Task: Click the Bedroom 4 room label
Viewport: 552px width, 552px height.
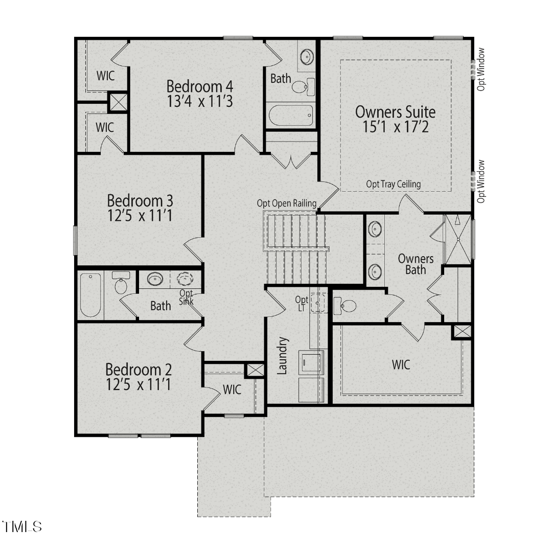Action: pyautogui.click(x=200, y=86)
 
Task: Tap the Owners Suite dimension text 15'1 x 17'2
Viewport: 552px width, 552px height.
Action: pyautogui.click(x=396, y=127)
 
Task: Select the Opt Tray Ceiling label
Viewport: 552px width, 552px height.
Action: pyautogui.click(x=393, y=184)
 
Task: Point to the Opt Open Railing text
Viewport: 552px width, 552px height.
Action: pyautogui.click(x=287, y=203)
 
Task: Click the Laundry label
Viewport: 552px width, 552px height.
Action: pyautogui.click(x=283, y=355)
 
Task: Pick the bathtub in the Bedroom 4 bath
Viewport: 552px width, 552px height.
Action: pyautogui.click(x=291, y=115)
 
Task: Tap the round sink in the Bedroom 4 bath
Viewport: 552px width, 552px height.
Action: pyautogui.click(x=307, y=57)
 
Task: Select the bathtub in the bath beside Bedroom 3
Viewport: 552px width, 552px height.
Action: pyautogui.click(x=90, y=295)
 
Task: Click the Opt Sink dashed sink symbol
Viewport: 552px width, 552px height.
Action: pyautogui.click(x=185, y=279)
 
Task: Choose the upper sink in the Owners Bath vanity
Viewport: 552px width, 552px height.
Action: pyautogui.click(x=375, y=229)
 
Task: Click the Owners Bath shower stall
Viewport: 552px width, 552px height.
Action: pyautogui.click(x=457, y=239)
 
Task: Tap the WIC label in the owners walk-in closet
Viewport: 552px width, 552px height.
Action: pyautogui.click(x=401, y=365)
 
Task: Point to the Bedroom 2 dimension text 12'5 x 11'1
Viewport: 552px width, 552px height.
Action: pyautogui.click(x=139, y=384)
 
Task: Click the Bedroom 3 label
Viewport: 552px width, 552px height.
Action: pyautogui.click(x=140, y=200)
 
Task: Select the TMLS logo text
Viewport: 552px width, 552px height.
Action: pyautogui.click(x=22, y=526)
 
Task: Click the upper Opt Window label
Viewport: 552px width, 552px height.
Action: pyautogui.click(x=481, y=70)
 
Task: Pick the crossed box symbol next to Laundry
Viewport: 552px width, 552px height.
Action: pyautogui.click(x=255, y=370)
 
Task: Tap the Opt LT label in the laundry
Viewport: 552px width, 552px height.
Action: pyautogui.click(x=302, y=304)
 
